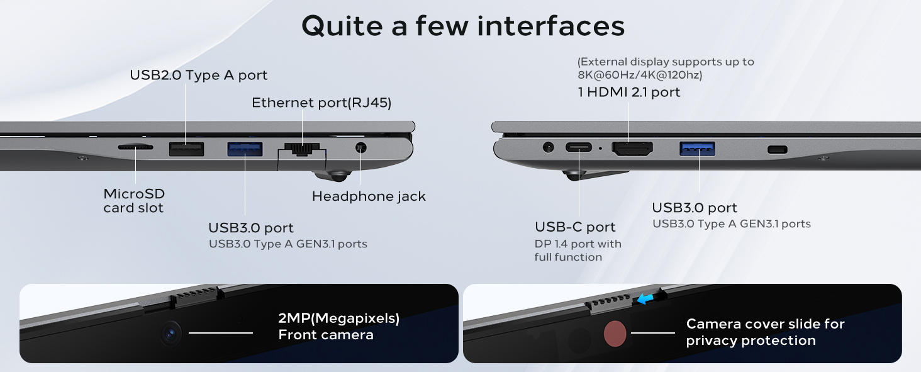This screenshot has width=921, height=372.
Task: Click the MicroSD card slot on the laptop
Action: [135, 147]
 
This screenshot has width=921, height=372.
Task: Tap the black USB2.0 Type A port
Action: [186, 149]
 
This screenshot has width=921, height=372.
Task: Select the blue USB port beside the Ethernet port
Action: [245, 149]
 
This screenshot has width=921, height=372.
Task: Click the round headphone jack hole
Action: [360, 147]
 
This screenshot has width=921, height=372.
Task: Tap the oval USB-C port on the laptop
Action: [579, 147]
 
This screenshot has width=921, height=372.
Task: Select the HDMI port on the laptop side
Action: [632, 149]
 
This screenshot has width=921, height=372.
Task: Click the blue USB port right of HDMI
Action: [697, 149]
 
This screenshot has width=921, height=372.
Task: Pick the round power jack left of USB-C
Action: [548, 147]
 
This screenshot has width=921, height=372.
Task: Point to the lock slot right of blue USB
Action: [777, 150]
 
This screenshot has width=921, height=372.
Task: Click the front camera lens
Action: [170, 334]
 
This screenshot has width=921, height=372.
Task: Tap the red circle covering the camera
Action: [615, 334]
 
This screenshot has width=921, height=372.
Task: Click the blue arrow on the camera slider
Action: [645, 299]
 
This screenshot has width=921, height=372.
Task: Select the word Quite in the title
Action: [342, 26]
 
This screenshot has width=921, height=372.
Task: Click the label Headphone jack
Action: [369, 196]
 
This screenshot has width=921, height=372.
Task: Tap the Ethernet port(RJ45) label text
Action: [321, 103]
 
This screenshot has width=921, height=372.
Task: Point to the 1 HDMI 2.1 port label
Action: [629, 92]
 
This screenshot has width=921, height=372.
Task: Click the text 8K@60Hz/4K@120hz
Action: [640, 75]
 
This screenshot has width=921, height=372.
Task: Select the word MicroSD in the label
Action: [134, 194]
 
